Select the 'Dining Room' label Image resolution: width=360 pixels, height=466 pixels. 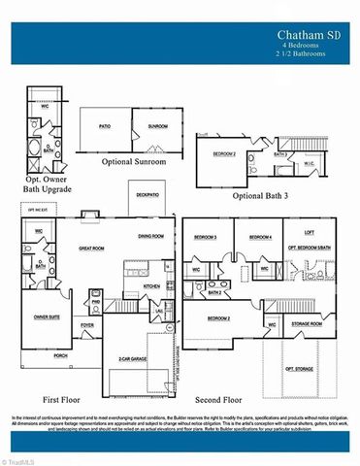click(150, 236)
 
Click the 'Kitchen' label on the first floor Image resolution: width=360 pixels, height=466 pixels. click(151, 285)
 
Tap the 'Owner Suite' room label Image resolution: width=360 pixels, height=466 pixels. click(47, 316)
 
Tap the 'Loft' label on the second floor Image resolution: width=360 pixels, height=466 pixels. click(309, 232)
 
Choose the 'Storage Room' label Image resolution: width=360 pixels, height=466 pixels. click(310, 324)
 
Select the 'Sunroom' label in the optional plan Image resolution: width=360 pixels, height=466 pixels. click(159, 127)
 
